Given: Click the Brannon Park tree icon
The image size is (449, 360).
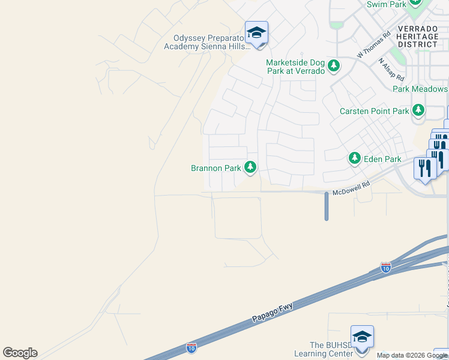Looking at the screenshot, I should (250, 168).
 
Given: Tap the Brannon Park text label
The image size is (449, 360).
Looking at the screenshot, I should (215, 169).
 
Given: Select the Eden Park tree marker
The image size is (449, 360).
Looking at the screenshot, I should (355, 158).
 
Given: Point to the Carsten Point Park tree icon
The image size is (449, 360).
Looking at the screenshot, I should (418, 110).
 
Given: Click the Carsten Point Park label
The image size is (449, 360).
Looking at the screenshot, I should (374, 111).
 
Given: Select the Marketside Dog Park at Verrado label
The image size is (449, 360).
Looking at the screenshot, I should (295, 67).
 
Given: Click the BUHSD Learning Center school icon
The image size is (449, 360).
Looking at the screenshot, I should (362, 337).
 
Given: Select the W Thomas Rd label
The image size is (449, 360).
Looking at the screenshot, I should (373, 44).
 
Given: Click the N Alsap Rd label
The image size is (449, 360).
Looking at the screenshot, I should (391, 70).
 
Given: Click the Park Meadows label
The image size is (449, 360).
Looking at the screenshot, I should (420, 89).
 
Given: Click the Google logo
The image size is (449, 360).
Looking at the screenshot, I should (20, 353).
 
